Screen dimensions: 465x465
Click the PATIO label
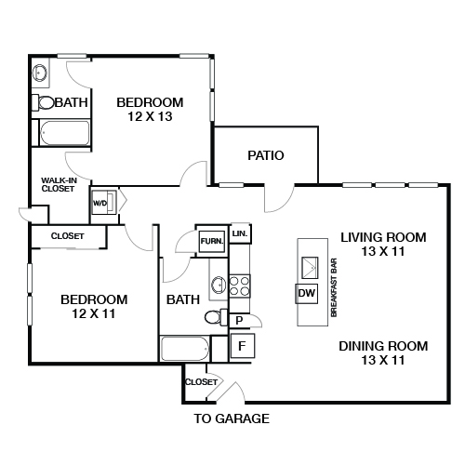coord(265,155)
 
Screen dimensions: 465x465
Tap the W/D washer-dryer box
coord(100,202)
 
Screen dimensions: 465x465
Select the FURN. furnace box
coord(210,241)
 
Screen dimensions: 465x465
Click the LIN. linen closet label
coord(239,232)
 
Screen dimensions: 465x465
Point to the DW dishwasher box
coord(307,294)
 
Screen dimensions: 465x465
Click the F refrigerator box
coord(242,347)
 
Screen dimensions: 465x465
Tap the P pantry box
coord(239,321)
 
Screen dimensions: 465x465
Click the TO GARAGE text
coord(232,418)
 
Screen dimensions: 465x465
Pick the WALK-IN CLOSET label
coord(58,185)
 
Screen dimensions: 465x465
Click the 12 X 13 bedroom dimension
coord(150,117)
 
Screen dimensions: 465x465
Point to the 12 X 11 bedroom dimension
coord(93,314)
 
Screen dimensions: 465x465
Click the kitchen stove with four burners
coord(240,285)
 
